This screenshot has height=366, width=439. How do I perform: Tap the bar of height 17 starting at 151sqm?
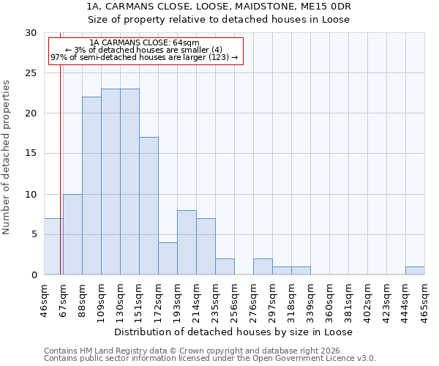point(149,206)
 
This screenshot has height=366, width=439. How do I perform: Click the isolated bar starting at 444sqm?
point(415,270)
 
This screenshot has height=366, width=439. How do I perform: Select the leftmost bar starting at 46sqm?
point(53,246)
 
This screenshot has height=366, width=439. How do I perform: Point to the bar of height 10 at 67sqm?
point(72,234)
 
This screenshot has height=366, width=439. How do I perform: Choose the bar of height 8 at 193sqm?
point(187,242)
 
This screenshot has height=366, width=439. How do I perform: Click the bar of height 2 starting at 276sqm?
point(263,266)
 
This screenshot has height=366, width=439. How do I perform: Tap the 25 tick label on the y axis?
point(31,73)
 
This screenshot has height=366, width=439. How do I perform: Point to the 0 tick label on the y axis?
point(34,274)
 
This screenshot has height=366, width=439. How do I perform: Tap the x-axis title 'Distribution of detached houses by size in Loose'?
point(234,332)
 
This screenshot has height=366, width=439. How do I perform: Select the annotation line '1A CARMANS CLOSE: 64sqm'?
point(144,43)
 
